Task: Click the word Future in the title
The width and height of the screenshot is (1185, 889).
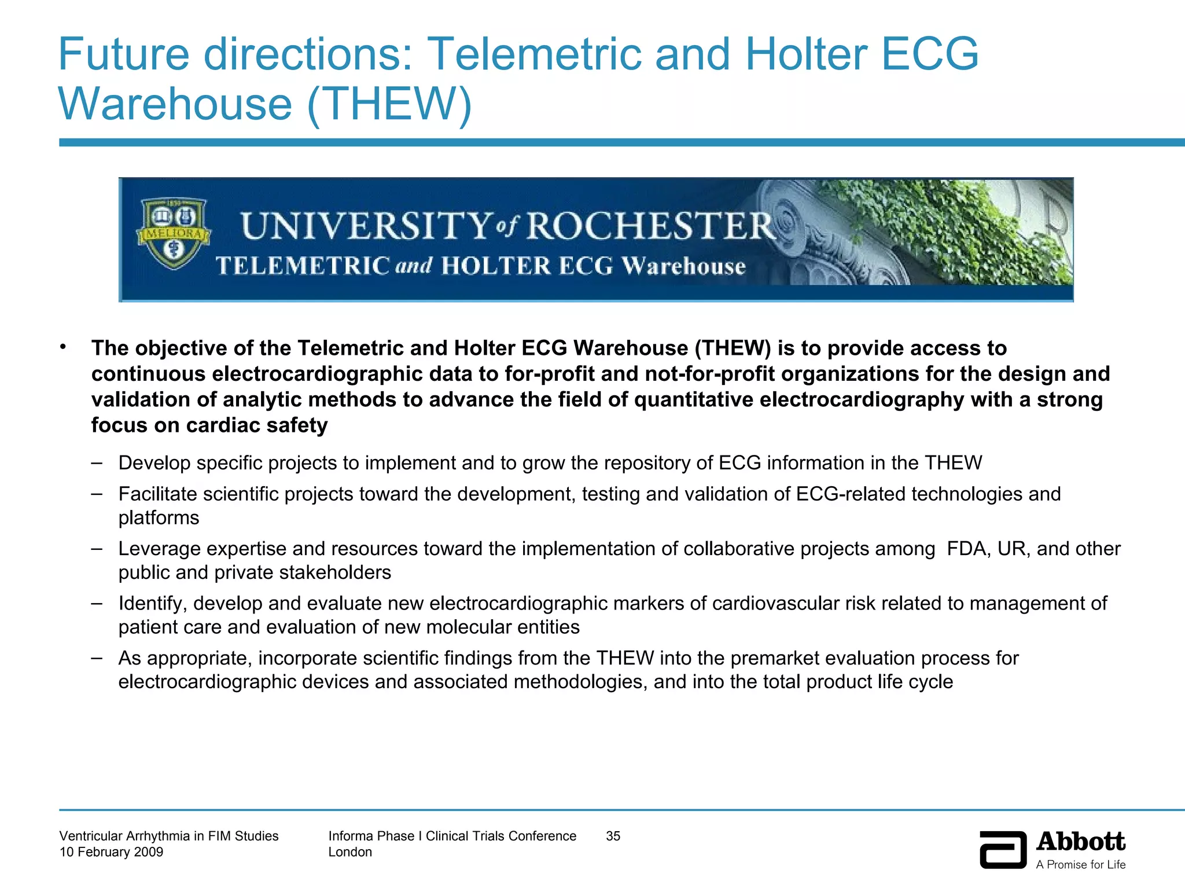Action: tap(124, 54)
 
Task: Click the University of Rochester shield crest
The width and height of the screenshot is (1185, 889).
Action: tap(173, 234)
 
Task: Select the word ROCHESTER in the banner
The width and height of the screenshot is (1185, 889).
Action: tap(649, 226)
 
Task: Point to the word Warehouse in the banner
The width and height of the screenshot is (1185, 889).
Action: tap(683, 266)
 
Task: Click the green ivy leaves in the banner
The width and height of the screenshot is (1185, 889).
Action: tap(949, 232)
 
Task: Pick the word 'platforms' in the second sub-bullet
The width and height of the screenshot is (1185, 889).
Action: tap(159, 517)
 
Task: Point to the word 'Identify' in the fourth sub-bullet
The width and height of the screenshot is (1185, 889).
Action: tap(152, 604)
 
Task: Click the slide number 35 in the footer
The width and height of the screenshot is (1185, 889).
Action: tap(613, 836)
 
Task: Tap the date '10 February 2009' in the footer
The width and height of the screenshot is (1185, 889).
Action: tap(111, 852)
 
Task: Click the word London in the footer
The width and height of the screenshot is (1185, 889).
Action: tap(350, 852)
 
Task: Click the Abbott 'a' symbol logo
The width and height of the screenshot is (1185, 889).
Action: tap(1003, 850)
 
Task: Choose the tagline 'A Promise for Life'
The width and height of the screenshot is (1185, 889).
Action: tap(1080, 865)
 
